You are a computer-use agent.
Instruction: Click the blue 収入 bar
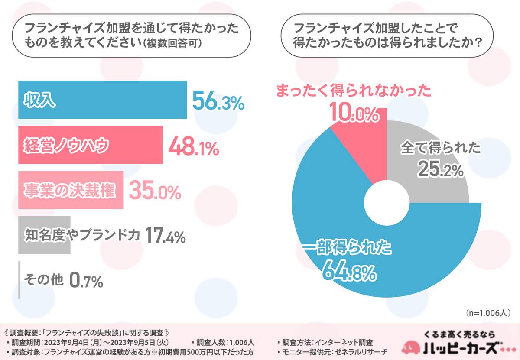(x=102, y=100)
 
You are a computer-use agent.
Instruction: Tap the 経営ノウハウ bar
(x=90, y=145)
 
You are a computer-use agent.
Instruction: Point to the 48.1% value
(x=193, y=146)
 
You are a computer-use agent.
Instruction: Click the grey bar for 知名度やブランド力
(x=44, y=235)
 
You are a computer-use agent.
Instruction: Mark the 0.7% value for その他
(x=86, y=280)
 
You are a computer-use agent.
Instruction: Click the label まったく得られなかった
(x=354, y=91)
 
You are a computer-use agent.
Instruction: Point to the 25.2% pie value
(x=441, y=169)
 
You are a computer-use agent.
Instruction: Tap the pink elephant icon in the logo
(x=413, y=347)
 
